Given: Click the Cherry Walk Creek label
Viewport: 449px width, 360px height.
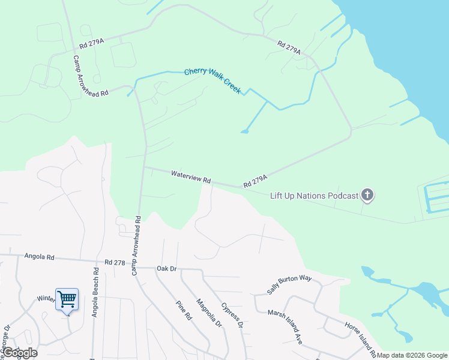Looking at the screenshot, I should click(x=212, y=80).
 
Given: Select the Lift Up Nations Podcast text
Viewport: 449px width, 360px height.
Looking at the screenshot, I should click(x=314, y=195).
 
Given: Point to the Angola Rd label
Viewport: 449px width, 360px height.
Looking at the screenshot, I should click(x=40, y=257).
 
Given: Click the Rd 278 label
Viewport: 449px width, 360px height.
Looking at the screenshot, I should click(x=114, y=262).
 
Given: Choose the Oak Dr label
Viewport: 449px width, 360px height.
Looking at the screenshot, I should click(x=166, y=268).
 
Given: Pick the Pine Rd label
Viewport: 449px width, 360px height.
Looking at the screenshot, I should click(x=184, y=310).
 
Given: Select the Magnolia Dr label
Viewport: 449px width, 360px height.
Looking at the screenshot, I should click(x=210, y=314).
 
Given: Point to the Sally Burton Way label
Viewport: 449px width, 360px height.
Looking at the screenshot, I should click(x=290, y=283).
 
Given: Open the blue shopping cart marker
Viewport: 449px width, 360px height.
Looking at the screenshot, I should click(x=67, y=298).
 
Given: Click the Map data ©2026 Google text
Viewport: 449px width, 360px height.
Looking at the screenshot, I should click(x=412, y=355).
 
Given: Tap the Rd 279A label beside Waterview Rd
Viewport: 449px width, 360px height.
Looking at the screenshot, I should click(x=255, y=181).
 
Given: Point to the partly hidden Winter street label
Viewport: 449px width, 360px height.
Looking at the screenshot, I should click(x=46, y=298).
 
